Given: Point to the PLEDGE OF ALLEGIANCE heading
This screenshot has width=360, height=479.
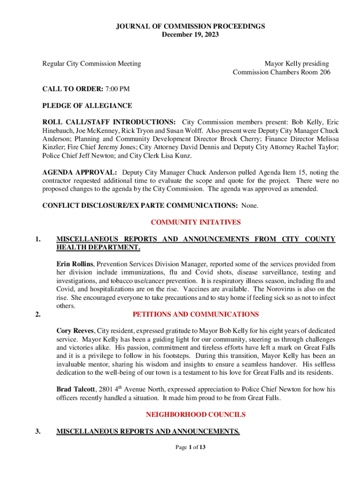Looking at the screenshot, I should coord(87,106).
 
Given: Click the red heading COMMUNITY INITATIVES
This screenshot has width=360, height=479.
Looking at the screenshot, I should coord(195,222).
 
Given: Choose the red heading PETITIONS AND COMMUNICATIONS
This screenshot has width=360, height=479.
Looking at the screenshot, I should coord(195,314).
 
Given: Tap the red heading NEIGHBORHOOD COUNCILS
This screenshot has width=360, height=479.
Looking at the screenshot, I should coord(195,414).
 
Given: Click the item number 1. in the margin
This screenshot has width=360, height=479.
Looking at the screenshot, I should coord(38,239).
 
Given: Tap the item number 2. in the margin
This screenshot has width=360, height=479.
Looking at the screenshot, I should coord(38,314).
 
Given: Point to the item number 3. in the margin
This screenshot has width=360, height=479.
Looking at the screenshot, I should coord(38,432).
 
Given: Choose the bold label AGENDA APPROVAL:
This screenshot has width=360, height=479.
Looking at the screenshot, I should coord(79,173).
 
